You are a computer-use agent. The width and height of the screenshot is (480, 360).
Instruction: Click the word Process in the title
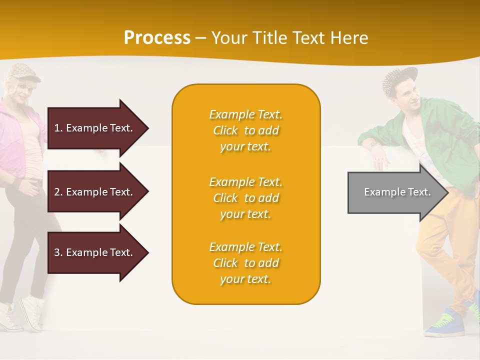pos(157,38)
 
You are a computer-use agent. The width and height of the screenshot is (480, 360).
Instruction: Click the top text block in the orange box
pos(245,130)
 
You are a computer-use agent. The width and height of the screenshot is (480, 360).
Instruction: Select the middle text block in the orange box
pos(245,198)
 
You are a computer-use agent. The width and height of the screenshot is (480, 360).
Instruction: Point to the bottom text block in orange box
pos(245,263)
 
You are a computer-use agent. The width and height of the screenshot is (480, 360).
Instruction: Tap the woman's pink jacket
pos(12,135)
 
